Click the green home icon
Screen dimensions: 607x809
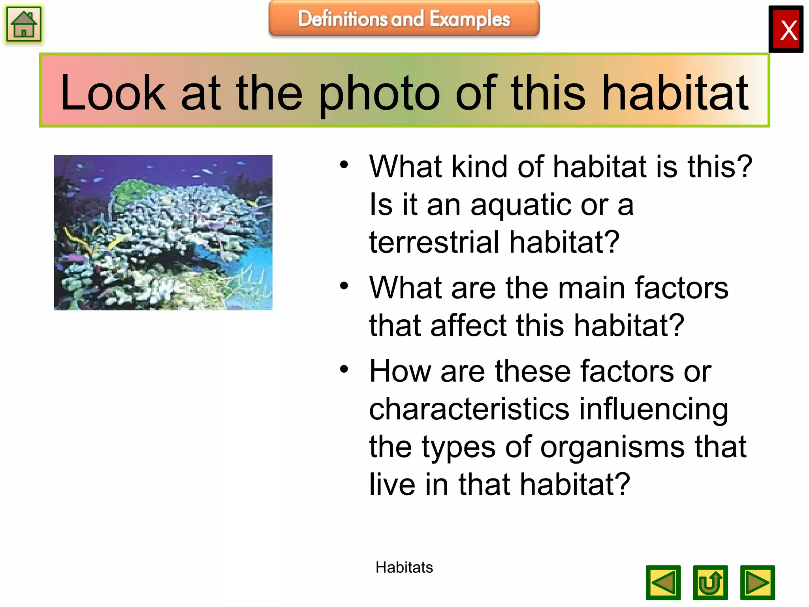(x=24, y=25)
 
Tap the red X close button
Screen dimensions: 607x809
(x=786, y=30)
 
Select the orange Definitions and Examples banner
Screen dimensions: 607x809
(x=404, y=19)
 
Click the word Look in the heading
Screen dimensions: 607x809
(x=113, y=93)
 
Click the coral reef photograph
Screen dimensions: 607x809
(x=163, y=232)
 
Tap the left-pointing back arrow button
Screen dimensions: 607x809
(x=663, y=582)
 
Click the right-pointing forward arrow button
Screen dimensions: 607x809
(x=757, y=582)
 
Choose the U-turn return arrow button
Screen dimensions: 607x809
(x=710, y=582)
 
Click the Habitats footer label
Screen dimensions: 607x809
(x=404, y=567)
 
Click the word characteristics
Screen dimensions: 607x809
(x=469, y=409)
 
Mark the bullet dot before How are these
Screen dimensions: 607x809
(x=344, y=369)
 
